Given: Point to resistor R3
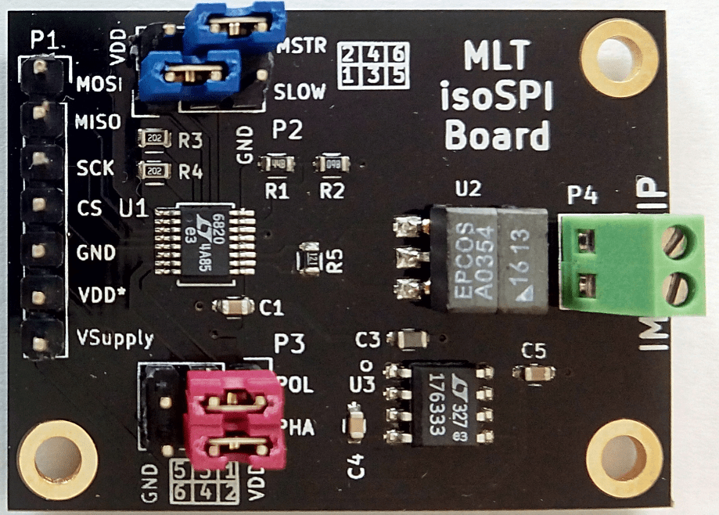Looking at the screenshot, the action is [x=153, y=140].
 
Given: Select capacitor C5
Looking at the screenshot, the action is [x=536, y=374].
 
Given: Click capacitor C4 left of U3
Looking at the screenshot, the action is [x=356, y=425].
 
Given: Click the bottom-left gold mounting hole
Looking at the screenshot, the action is [x=56, y=459].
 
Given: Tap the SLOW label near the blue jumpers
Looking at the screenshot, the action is [x=300, y=92].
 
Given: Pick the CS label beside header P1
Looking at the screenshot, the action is [x=89, y=210].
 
